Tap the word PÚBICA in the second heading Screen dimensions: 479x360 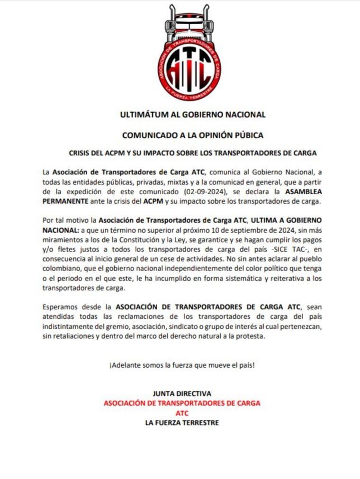coord(246,135)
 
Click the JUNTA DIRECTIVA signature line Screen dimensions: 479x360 coord(182,394)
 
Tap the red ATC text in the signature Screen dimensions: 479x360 coord(182,413)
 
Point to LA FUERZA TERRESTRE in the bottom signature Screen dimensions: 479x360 coord(182,422)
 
